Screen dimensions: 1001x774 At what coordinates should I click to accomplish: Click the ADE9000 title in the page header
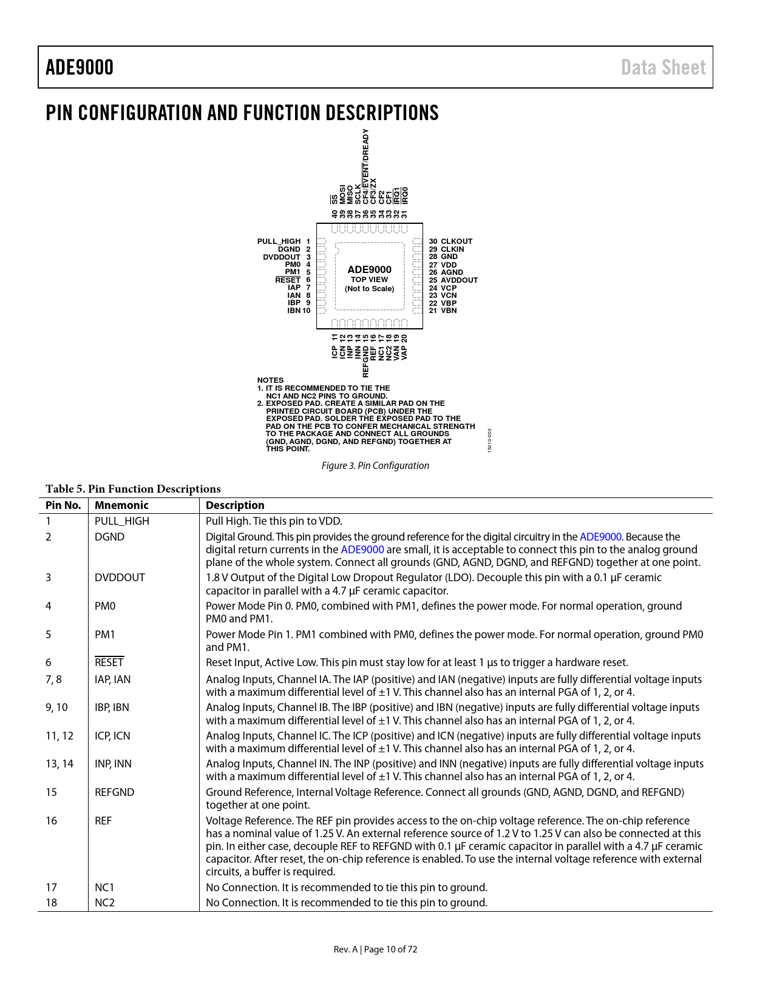pos(80,67)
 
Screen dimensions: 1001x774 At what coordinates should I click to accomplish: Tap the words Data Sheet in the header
pos(663,67)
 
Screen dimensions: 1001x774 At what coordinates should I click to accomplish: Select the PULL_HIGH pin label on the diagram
pos(279,241)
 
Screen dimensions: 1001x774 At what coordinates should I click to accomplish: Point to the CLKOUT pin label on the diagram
pos(457,241)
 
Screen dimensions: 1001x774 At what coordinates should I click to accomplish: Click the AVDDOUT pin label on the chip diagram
pos(460,280)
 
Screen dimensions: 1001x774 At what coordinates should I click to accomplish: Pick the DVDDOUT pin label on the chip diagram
pos(282,257)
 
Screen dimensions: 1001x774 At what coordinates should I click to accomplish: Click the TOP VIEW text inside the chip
pos(369,280)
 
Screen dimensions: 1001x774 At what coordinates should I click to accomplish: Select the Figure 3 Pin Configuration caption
pos(375,465)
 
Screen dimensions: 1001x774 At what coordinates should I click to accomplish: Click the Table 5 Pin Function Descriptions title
pos(133,489)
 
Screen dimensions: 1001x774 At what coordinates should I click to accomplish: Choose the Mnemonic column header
pos(121,505)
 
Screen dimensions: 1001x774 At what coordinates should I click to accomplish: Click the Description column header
pos(235,505)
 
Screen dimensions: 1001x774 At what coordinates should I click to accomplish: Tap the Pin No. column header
pos(63,505)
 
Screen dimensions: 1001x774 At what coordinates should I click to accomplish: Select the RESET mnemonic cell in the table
pos(109,662)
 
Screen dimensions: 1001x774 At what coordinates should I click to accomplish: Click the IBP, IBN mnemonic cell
pos(112,707)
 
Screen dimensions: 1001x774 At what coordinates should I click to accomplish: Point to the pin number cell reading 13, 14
pos(59,764)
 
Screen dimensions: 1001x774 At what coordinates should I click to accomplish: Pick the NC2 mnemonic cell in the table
pos(104,903)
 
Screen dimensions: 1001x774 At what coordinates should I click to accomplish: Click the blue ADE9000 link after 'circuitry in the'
pos(600,537)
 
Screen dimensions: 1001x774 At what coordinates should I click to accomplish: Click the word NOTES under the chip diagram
pos(270,380)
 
